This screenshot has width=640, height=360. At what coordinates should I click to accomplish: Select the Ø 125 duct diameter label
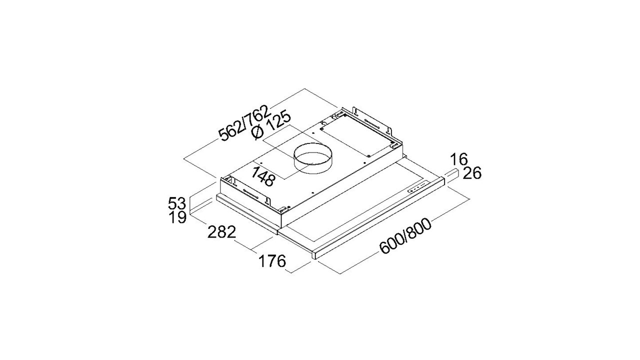271,125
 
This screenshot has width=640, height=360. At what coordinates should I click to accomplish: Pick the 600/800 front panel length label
405,236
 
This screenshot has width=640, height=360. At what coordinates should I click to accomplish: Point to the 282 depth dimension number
221,232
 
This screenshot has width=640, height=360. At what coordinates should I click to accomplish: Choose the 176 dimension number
272,261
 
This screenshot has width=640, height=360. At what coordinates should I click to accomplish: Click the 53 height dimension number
177,203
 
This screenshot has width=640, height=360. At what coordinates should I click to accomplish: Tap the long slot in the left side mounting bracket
251,195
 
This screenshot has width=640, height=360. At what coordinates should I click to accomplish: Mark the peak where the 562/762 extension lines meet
303,89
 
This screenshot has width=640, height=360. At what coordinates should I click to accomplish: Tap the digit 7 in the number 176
272,261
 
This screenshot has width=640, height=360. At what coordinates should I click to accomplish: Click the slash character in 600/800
405,236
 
